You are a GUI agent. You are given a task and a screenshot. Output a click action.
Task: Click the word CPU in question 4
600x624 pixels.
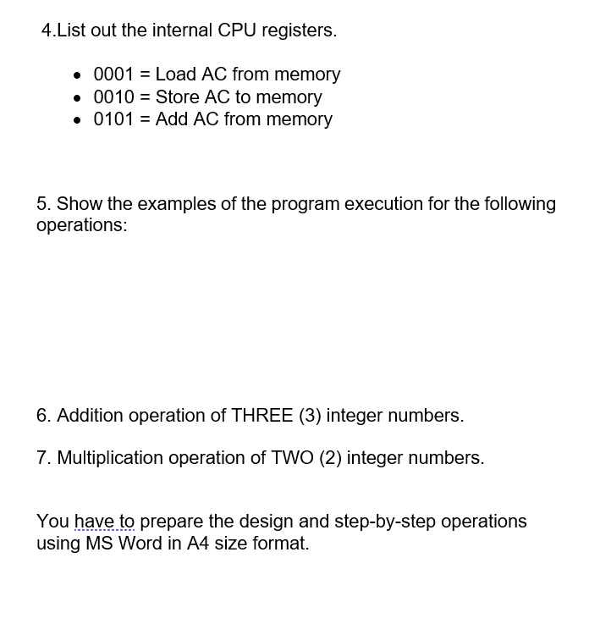point(238,30)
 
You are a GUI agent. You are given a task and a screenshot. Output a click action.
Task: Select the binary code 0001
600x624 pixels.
point(113,75)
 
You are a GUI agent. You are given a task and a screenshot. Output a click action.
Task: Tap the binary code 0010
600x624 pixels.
point(113,97)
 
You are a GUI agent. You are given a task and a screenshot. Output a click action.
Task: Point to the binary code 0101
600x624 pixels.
point(113,119)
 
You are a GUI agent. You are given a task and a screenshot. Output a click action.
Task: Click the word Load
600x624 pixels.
point(175,75)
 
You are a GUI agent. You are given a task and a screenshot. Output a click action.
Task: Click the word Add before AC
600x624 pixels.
point(172,119)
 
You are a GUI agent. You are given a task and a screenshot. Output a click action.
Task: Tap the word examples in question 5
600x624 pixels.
point(175,204)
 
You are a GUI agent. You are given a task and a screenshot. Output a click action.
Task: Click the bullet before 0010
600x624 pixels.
point(78,98)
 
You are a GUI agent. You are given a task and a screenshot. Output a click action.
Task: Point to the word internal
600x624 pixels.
point(183,30)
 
